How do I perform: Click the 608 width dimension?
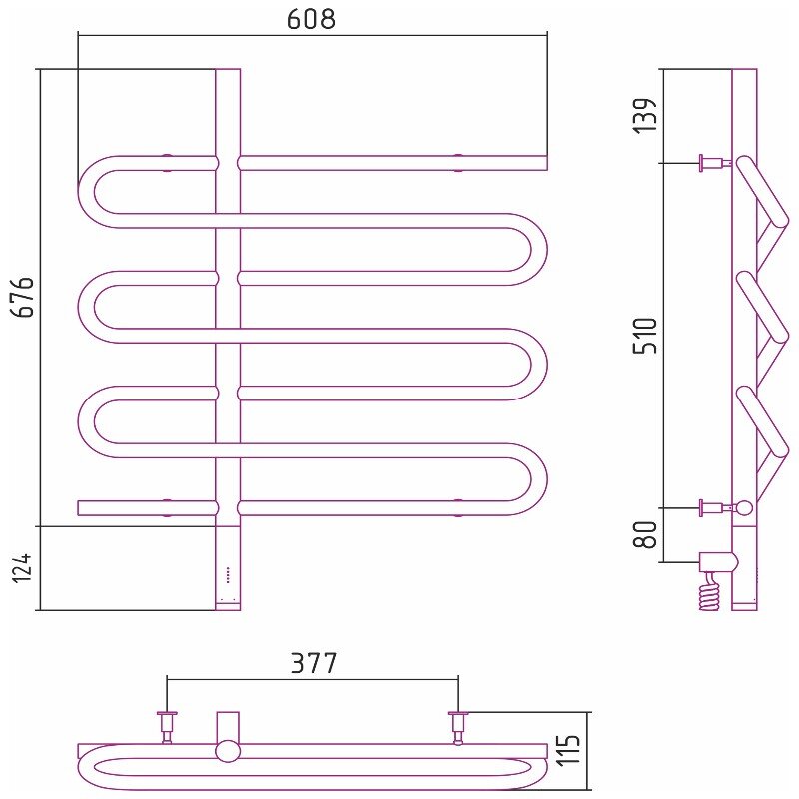(311, 19)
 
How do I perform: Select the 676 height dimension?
(24, 297)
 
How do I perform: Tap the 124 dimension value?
(22, 567)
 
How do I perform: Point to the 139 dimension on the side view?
(645, 116)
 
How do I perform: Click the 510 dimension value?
(645, 336)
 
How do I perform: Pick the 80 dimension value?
(645, 534)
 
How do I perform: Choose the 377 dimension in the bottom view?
(314, 663)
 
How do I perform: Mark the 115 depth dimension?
(569, 750)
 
